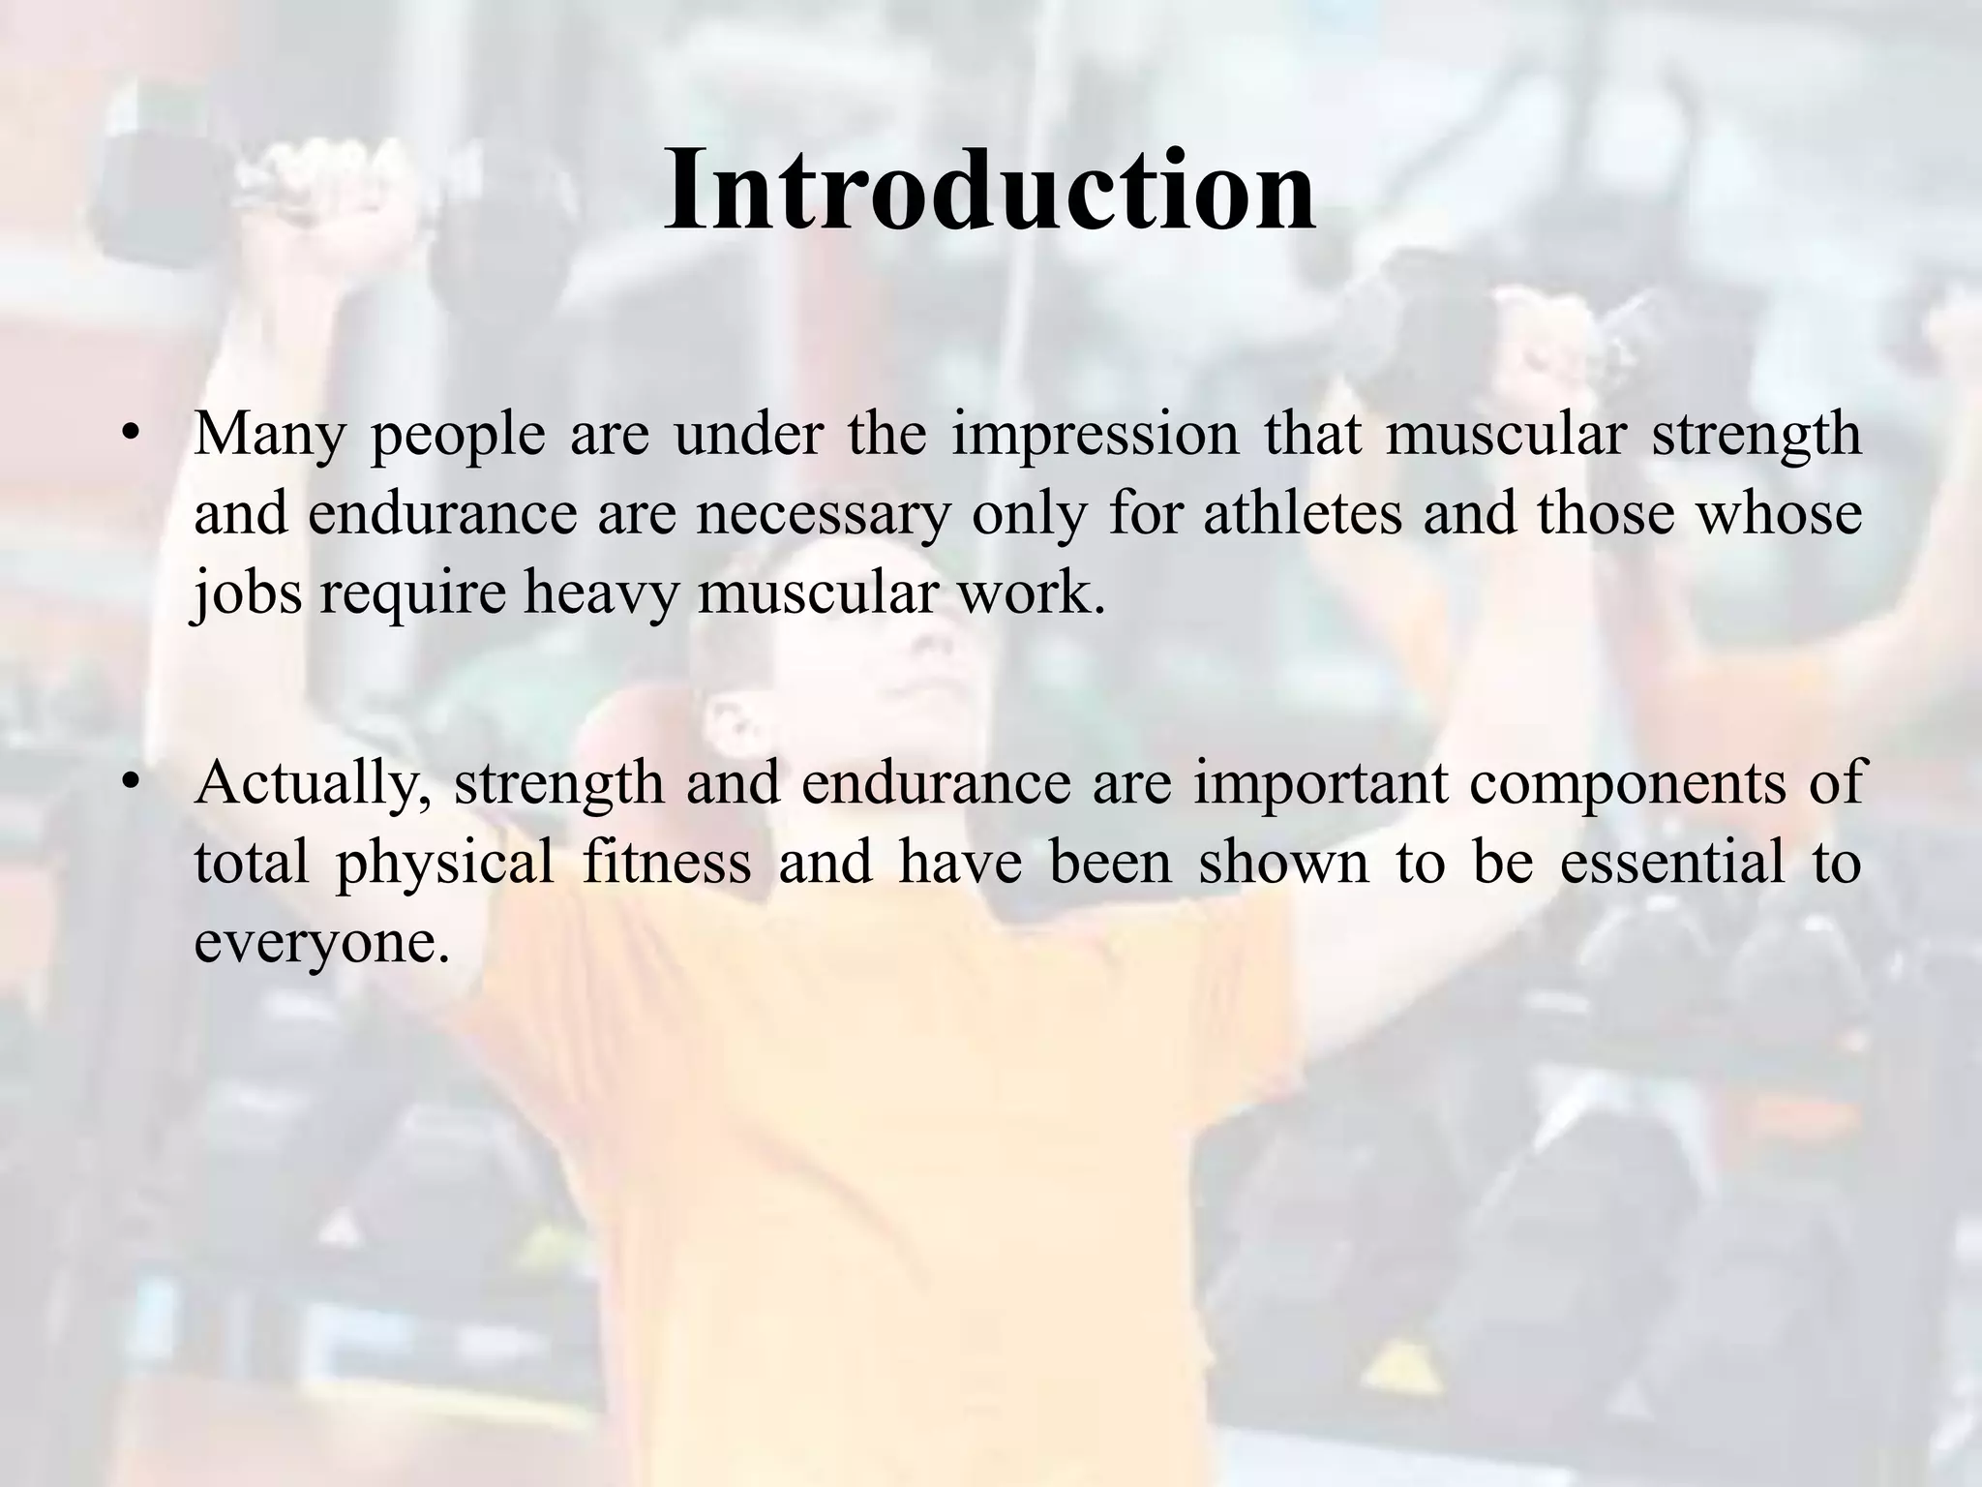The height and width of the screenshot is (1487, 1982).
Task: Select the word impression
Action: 1095,436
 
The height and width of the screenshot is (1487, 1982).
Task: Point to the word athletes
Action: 1303,514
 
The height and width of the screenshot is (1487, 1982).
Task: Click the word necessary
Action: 822,514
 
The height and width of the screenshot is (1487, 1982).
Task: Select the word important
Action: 1320,784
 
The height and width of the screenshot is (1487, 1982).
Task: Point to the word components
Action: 1631,784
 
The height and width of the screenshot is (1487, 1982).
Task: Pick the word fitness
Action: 667,863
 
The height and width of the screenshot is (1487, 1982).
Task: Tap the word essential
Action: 1672,863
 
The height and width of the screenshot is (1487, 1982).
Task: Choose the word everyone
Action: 321,941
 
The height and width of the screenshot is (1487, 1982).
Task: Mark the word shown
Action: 1283,863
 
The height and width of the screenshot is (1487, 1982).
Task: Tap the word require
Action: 412,592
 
